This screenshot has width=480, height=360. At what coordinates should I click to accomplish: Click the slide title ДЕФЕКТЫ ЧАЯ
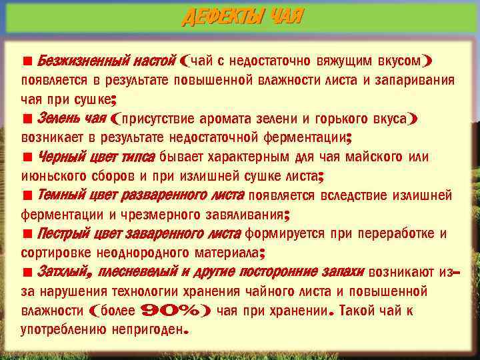point(241,16)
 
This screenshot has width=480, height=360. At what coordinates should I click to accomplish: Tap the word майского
point(373,157)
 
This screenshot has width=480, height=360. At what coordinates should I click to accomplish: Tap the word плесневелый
point(138,273)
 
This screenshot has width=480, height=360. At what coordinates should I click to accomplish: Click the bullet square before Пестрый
point(27,235)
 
